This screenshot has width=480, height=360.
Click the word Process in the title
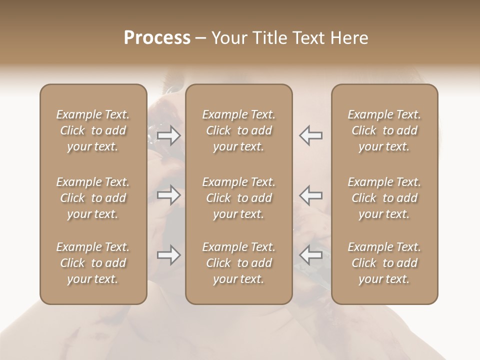click(x=157, y=38)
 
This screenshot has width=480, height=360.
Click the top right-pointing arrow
click(x=168, y=135)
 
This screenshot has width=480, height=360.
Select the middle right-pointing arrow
click(x=168, y=195)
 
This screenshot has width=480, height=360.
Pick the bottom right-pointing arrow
click(x=168, y=255)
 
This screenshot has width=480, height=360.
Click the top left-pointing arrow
click(x=310, y=135)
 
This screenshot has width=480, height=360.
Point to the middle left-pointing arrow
click(x=310, y=195)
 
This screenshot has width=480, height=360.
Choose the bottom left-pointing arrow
click(x=310, y=255)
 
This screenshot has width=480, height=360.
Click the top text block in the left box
click(x=93, y=130)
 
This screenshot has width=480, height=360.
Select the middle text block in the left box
click(x=93, y=198)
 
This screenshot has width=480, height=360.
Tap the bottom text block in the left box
click(x=93, y=263)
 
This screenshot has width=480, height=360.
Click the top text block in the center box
click(x=239, y=130)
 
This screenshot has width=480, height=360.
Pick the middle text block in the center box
click(x=239, y=198)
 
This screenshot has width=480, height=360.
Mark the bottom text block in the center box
click(x=239, y=263)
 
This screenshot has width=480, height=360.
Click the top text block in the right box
click(x=384, y=130)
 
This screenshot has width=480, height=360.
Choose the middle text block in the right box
click(x=384, y=198)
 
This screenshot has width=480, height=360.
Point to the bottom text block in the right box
click(x=384, y=263)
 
